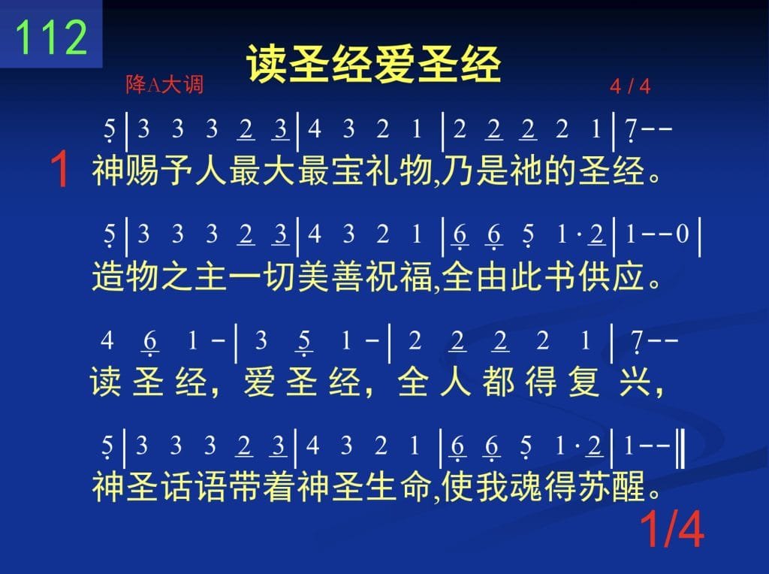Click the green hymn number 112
(52, 38)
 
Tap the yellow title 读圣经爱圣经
(374, 65)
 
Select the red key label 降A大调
(164, 84)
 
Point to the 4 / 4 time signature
(630, 87)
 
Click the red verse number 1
(60, 169)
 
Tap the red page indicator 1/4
(672, 529)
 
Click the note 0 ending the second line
(683, 234)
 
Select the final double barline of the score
(680, 449)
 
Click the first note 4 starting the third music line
(107, 340)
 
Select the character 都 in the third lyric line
(498, 382)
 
